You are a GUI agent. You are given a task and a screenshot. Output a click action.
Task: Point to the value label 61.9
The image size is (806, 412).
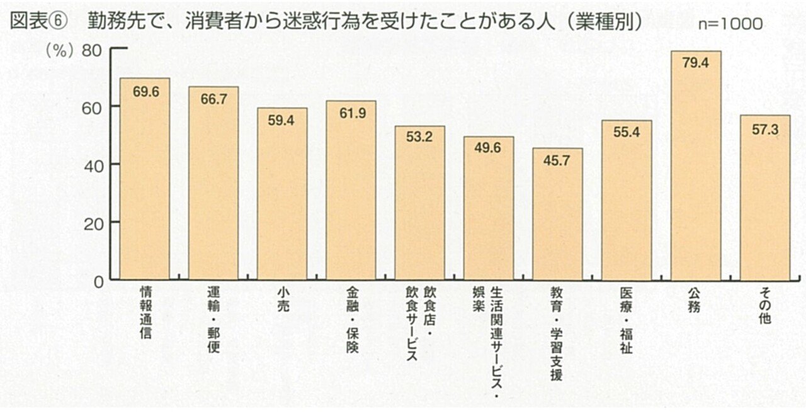click(x=351, y=114)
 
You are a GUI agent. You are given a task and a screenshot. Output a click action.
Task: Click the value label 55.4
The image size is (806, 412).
click(x=627, y=133)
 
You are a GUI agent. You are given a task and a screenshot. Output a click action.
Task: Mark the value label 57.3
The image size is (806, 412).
click(x=764, y=128)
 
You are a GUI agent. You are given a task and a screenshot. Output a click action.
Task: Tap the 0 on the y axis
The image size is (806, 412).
click(x=98, y=282)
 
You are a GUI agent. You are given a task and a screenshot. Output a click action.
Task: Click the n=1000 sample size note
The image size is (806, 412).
click(x=730, y=24)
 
